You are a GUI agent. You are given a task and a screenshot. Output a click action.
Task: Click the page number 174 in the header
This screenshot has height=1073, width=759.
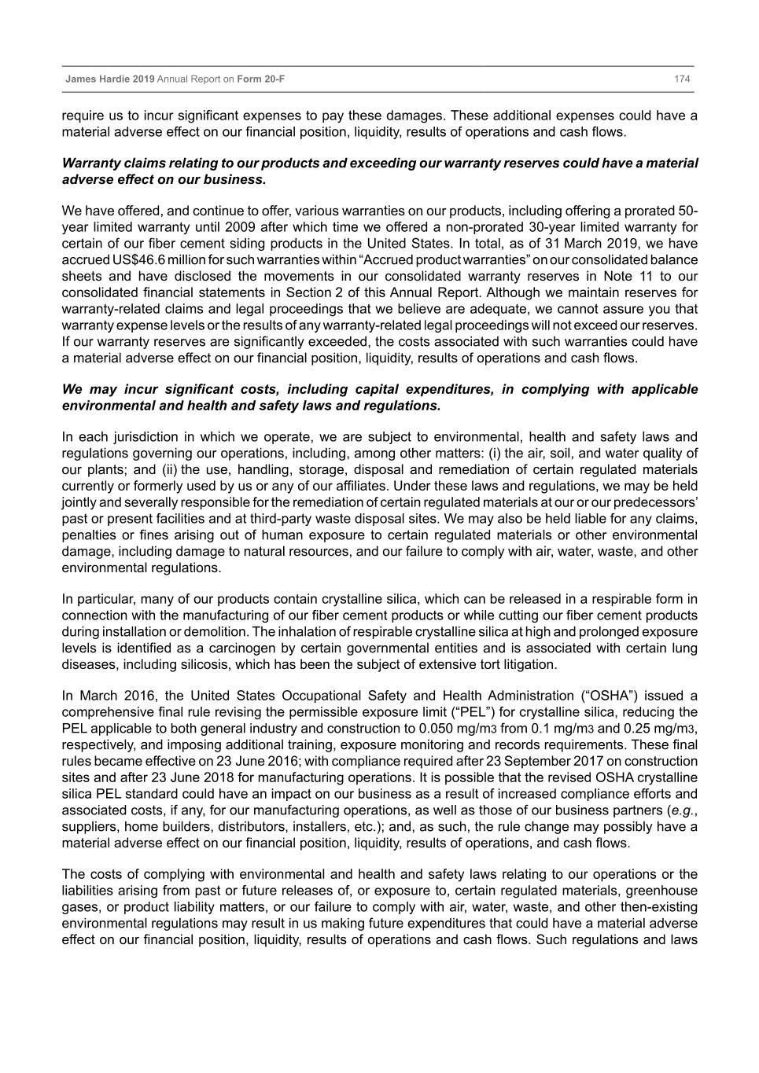tap(682, 79)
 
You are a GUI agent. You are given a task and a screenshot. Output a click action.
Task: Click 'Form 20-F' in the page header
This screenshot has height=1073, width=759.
tap(263, 79)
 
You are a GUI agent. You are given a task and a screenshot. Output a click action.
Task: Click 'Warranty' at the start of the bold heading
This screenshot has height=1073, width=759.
tap(90, 164)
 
